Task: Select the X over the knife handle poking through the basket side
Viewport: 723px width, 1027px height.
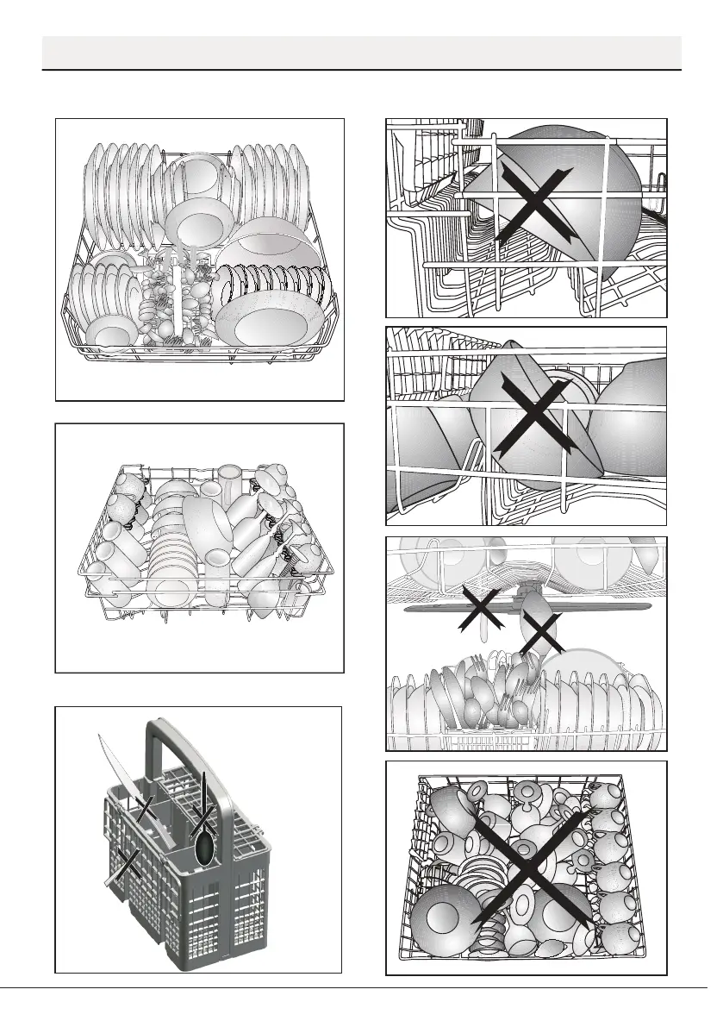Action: tap(129, 862)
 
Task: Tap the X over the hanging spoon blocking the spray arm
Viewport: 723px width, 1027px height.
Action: tap(541, 633)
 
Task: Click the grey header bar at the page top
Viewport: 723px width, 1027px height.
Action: tap(362, 53)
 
